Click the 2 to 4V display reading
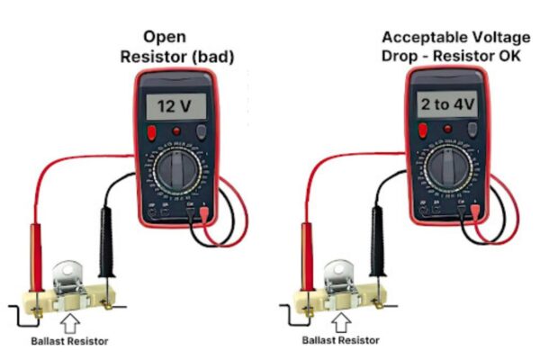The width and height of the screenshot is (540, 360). coord(446,106)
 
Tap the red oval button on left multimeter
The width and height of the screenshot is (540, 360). coord(153,133)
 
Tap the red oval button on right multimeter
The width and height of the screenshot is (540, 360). coord(421,133)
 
